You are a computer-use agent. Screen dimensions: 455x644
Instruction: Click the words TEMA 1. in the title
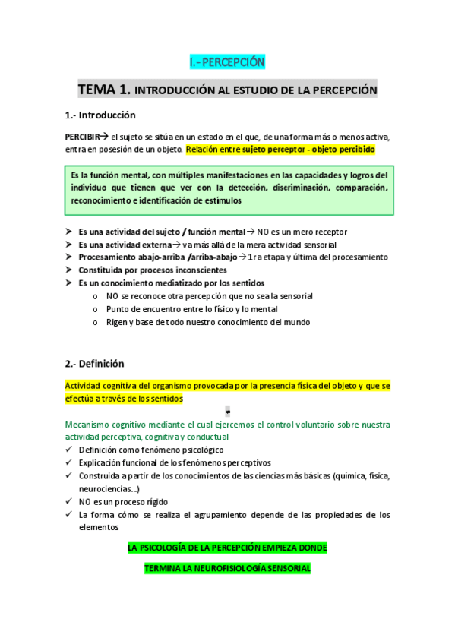(104, 90)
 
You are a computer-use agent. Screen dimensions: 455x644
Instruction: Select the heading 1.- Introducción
(100, 115)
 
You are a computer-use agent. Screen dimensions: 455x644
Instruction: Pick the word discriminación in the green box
(283, 188)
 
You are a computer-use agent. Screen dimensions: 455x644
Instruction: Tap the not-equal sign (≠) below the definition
(228, 411)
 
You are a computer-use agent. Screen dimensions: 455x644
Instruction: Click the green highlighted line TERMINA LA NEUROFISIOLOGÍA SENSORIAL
(227, 568)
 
